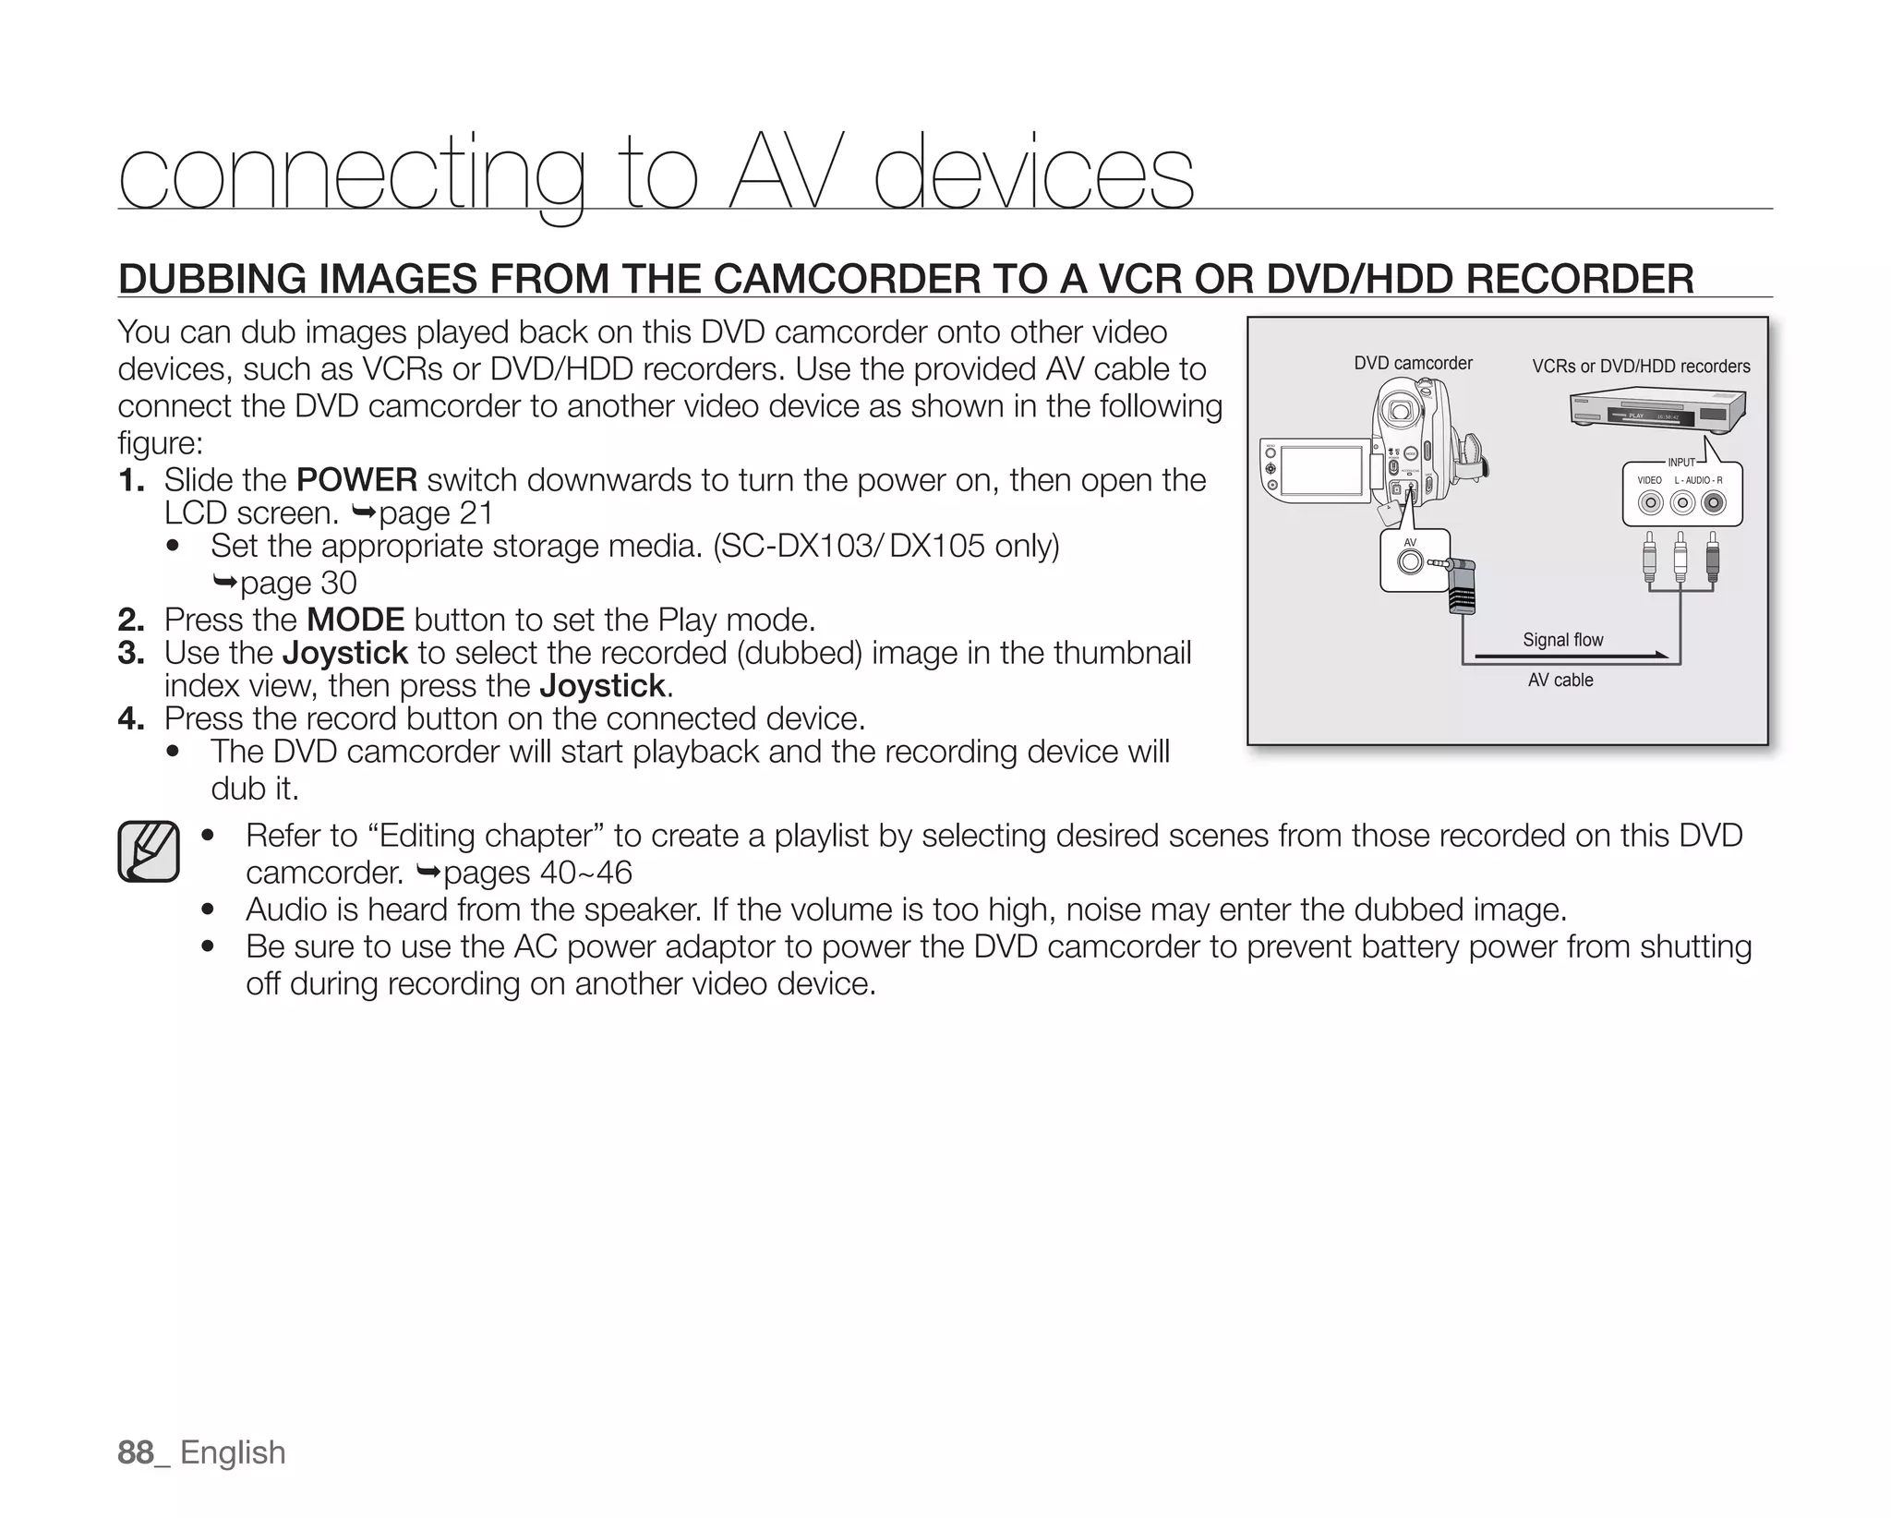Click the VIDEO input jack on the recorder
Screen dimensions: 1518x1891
point(1651,502)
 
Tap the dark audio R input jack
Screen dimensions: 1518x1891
point(1714,502)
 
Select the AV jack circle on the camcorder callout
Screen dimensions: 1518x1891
point(1409,561)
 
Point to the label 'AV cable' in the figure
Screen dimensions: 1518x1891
point(1560,681)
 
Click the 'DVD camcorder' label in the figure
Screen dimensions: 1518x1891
point(1413,363)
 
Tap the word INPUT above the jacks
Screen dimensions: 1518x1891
point(1681,463)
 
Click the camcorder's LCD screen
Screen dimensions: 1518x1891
point(1321,470)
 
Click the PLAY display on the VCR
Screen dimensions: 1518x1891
point(1638,416)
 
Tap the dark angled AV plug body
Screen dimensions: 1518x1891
point(1461,592)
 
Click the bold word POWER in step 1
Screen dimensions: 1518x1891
point(356,480)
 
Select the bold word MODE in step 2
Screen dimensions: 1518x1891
point(355,619)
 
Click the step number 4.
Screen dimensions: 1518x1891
point(130,718)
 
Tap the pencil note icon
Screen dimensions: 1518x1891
point(148,850)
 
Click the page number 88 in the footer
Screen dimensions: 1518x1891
point(136,1452)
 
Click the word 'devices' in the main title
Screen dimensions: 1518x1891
point(1033,174)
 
